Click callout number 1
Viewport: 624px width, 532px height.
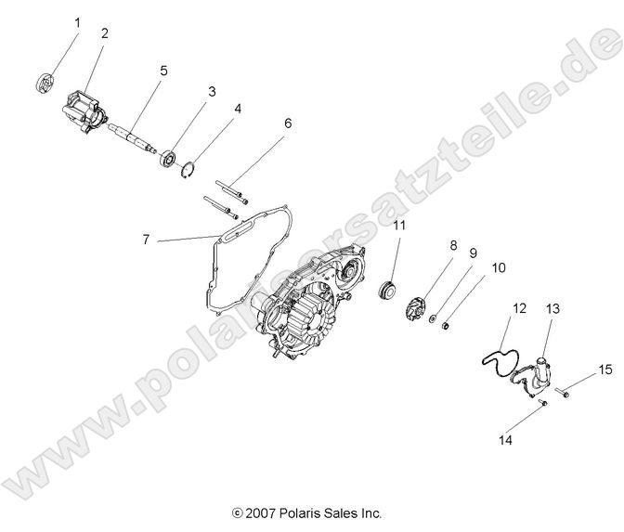click(77, 21)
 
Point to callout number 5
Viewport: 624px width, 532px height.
click(162, 70)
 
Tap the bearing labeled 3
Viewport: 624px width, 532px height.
click(169, 156)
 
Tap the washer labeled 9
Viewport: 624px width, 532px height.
click(433, 319)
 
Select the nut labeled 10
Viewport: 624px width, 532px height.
click(447, 326)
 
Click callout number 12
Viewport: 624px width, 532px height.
click(519, 307)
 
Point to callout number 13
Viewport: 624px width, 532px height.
click(552, 307)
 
